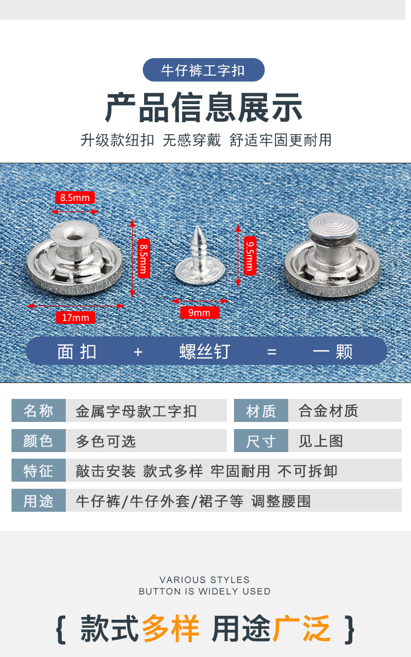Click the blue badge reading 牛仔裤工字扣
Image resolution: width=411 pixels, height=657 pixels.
pos(203,70)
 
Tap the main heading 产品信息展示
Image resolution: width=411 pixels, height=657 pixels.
pos(203,107)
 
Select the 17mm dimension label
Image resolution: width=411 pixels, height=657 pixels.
pos(76,318)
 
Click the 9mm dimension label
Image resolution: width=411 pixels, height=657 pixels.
pos(199,313)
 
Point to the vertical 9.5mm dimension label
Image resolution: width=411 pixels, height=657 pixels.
pos(249,255)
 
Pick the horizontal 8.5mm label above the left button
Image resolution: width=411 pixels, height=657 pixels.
pos(75,198)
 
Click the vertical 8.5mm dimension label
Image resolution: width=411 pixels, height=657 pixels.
pos(142,258)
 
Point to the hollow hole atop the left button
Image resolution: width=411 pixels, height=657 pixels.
pos(73,235)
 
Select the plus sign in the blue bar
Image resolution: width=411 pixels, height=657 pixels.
pos(138,352)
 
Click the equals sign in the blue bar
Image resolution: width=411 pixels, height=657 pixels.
pos(272,352)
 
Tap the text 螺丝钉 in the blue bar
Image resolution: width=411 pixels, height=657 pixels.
pos(204,352)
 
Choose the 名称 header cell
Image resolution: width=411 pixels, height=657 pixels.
pos(38,411)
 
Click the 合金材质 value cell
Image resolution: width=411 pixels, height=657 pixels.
pos(345,411)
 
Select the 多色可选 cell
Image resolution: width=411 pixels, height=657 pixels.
pos(146,441)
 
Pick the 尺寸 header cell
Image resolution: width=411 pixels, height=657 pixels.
pos(261,441)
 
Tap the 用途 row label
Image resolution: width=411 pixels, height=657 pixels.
pos(38,501)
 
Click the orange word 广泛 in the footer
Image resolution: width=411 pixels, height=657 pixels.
pos(301,628)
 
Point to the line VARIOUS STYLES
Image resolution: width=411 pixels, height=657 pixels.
pos(204,580)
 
